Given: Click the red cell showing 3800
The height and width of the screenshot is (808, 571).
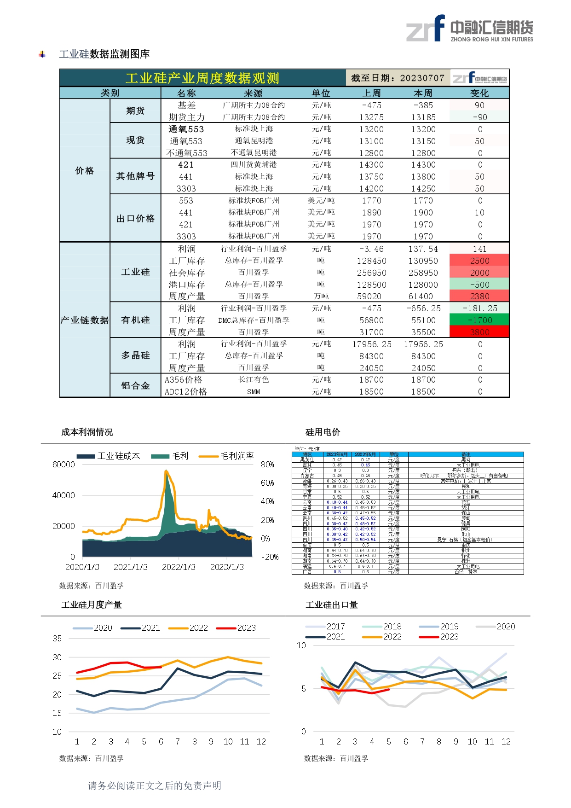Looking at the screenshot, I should tap(479, 332).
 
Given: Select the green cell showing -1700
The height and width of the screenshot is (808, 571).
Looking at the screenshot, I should tap(479, 320).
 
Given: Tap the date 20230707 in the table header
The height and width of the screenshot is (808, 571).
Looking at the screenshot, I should tap(422, 78).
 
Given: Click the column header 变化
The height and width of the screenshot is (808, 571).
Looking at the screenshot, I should tap(479, 93).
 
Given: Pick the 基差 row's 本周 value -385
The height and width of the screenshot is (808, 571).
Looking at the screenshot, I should tap(423, 105).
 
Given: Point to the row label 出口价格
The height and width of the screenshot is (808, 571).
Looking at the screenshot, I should tap(135, 218).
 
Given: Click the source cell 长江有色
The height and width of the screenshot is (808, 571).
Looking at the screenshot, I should tap(254, 380).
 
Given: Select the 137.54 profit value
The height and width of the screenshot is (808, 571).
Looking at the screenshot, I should tap(423, 249).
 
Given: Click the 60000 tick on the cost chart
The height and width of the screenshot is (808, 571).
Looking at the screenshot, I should tap(63, 465).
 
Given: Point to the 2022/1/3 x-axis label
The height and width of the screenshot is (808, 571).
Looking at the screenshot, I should tap(179, 567).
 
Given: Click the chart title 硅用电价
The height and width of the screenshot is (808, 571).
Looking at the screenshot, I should tap(323, 432).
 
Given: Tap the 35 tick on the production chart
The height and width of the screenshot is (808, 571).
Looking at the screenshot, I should tap(57, 639).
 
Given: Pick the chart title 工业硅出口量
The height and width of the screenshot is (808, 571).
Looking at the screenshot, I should tap(331, 605).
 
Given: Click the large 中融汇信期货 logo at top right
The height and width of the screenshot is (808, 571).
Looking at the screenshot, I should tap(469, 29).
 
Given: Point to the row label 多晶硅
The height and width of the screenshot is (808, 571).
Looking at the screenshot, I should tap(135, 355).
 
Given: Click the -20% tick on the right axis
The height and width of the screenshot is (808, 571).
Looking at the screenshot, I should tap(270, 557).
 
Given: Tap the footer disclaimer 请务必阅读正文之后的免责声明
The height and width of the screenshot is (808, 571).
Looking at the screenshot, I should tap(155, 785).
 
